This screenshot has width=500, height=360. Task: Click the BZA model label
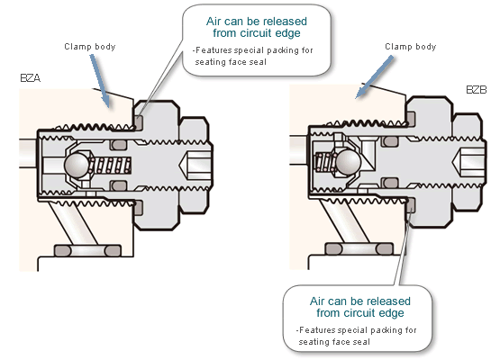[31, 78]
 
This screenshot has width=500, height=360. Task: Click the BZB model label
[477, 90]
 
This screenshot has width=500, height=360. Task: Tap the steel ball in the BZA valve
[77, 165]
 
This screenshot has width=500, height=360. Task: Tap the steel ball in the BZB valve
[349, 161]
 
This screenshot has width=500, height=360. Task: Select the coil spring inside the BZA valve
[110, 166]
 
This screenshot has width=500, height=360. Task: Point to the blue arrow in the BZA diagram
[100, 81]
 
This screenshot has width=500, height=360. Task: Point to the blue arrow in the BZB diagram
[375, 76]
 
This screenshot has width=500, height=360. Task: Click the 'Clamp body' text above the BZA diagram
[89, 47]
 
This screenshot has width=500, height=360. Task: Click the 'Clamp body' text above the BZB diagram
[411, 47]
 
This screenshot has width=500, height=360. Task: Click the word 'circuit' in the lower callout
[372, 313]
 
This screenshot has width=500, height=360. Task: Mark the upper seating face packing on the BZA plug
[138, 121]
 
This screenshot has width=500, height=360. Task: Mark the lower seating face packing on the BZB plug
[411, 205]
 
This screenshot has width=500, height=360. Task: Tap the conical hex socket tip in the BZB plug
[453, 163]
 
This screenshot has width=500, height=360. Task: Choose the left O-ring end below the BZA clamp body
[62, 251]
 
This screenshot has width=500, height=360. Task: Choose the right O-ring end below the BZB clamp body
[385, 248]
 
